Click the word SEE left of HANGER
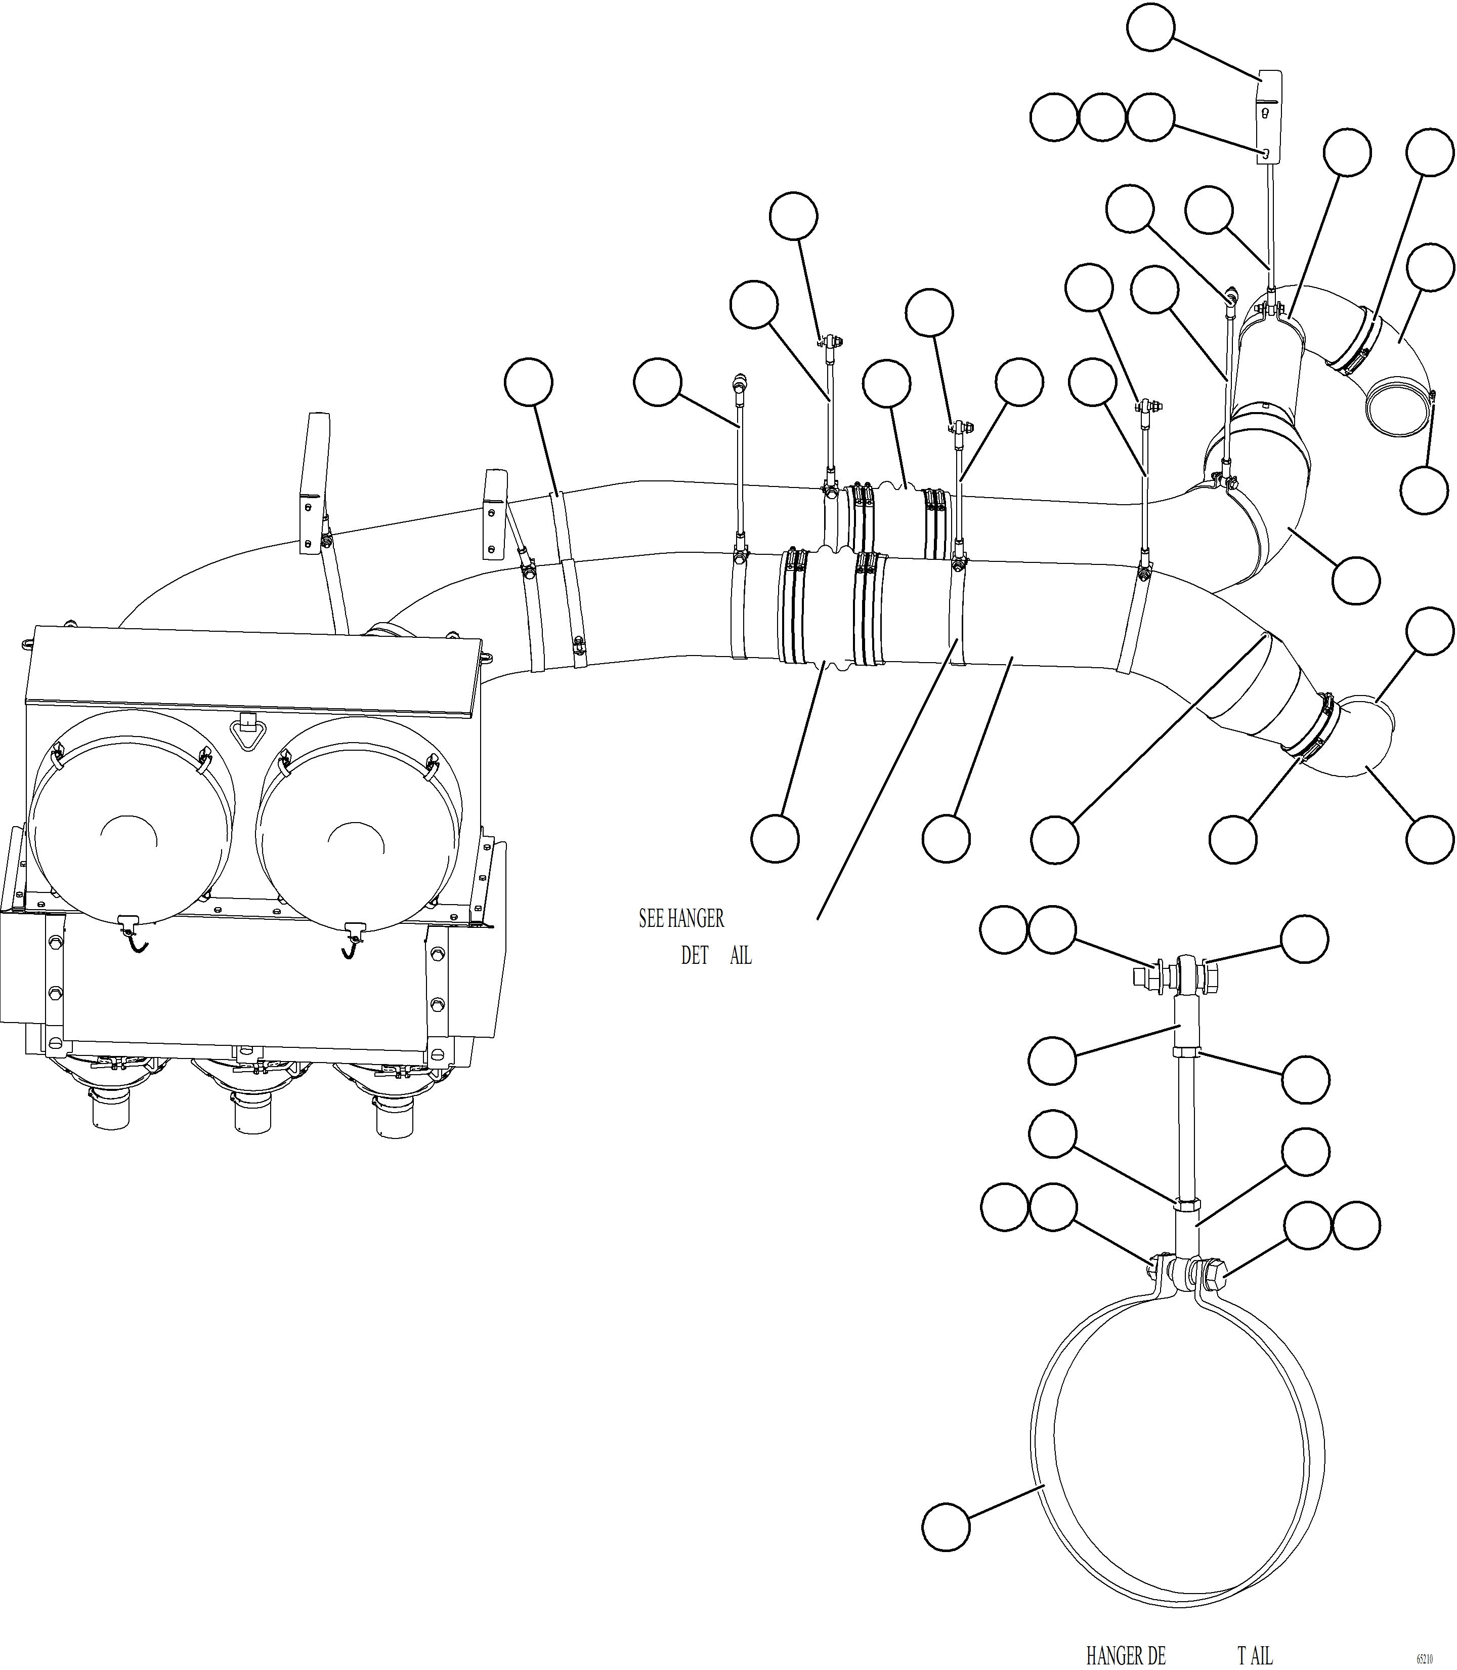pyautogui.click(x=651, y=919)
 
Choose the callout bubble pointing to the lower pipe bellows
pyautogui.click(x=775, y=839)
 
